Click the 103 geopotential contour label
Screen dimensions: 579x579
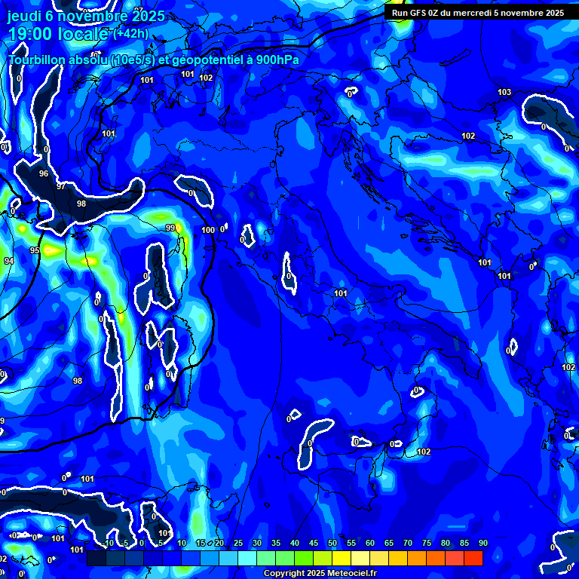click(504, 93)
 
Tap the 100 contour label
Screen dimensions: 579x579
click(209, 230)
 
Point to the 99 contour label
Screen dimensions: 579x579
click(170, 228)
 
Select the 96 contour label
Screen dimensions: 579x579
click(44, 174)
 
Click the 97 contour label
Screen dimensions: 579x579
click(61, 185)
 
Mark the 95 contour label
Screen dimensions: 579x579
click(35, 250)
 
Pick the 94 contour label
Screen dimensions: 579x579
click(8, 262)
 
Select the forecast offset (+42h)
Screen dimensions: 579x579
click(130, 33)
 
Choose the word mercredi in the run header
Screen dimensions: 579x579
click(482, 13)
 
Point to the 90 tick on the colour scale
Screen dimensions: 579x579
click(482, 544)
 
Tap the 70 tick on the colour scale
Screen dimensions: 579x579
click(407, 544)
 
